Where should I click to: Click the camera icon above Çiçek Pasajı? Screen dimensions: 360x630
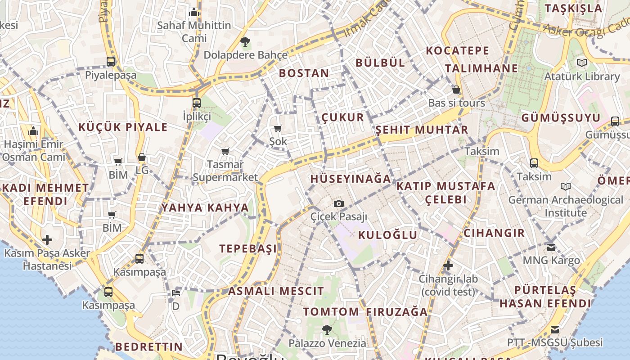coord(339,204)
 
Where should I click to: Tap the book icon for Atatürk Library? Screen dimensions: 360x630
coord(582,63)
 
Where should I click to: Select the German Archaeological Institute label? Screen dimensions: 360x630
coord(566,206)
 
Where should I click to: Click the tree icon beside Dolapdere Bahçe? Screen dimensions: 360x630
coord(245,42)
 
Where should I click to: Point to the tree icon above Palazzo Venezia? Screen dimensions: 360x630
coord(327,330)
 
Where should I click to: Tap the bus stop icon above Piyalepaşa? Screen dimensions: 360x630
coord(111,62)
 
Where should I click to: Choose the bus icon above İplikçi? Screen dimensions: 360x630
coord(197,103)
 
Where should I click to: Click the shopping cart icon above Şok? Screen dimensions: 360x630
coord(278,128)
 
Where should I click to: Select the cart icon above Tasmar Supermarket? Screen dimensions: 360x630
coord(225,151)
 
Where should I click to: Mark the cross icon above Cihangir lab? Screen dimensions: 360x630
coord(448,265)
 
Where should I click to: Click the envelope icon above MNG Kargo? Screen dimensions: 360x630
coord(551,247)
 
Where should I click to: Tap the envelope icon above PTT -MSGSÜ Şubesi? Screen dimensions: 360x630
coord(555,330)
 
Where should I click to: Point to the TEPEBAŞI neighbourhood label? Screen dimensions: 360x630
coord(248,248)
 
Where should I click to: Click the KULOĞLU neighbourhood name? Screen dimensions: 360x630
coord(388,235)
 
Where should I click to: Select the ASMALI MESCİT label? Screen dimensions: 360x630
coord(276,291)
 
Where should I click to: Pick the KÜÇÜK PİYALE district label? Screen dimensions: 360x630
coord(123,127)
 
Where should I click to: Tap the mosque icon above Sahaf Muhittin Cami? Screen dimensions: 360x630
coord(194,12)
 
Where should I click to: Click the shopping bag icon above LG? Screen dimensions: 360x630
coord(142,157)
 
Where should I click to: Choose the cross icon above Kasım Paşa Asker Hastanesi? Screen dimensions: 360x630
coord(47,240)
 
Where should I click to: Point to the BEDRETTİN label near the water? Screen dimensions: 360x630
coord(149,347)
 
